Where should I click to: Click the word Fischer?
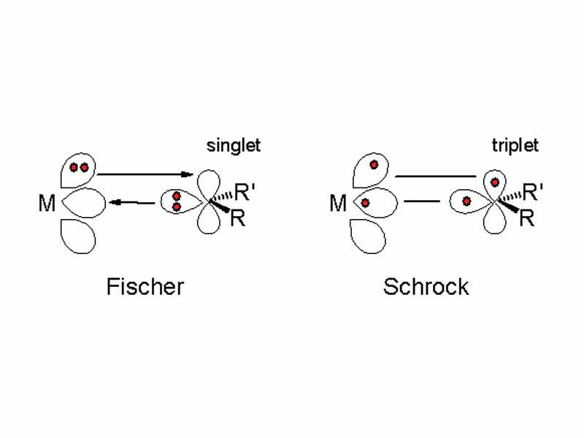[145, 286]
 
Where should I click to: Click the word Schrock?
[426, 286]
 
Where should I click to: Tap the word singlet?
[233, 146]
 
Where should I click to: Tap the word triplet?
[515, 145]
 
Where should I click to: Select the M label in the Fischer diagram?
[47, 204]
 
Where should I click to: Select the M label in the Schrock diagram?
[337, 204]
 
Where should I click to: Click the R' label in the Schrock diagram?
[534, 193]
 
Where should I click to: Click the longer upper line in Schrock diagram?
[435, 176]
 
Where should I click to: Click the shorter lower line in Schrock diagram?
[421, 201]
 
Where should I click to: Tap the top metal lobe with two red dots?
[79, 170]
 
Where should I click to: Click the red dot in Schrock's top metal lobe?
[373, 165]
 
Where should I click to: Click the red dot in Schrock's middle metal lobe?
[365, 202]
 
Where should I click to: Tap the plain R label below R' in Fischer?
[238, 218]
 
